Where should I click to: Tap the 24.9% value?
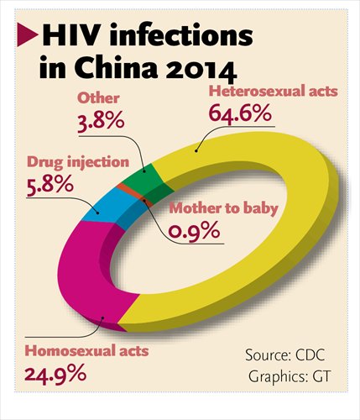pos(52,371)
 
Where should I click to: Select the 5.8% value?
pos(44,184)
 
